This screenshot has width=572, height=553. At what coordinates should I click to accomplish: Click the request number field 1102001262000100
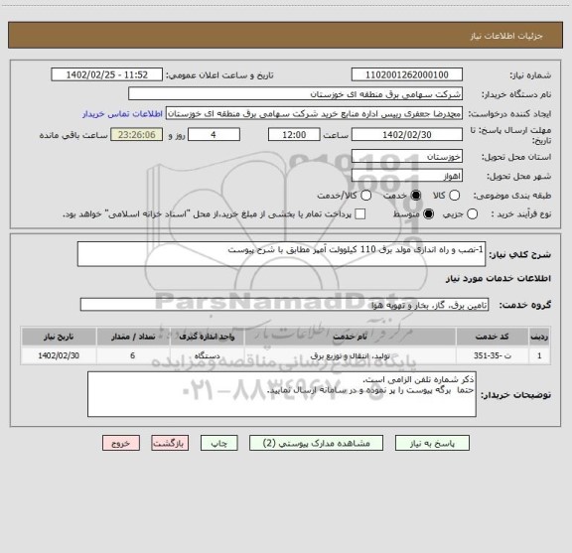(x=406, y=74)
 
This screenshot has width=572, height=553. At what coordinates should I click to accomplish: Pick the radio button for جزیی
(x=473, y=213)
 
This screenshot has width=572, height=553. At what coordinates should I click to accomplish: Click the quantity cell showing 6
(x=132, y=353)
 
